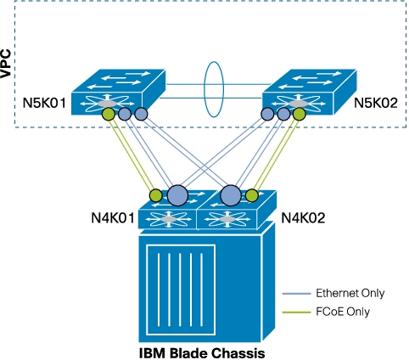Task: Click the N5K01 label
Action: point(44,103)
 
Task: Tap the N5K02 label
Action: point(376,103)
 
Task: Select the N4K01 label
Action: point(113,218)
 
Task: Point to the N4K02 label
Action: point(303,218)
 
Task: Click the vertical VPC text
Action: point(6,64)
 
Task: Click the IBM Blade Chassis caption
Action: point(202,353)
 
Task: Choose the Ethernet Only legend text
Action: point(350,293)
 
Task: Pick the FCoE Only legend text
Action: point(343,312)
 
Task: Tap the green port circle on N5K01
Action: point(109,115)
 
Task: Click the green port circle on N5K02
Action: point(300,115)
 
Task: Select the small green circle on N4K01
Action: point(156,195)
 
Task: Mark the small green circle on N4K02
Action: point(252,195)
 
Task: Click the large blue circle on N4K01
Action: point(177,195)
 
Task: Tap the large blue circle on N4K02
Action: point(231,195)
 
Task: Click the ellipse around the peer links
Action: point(204,89)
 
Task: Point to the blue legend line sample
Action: point(296,294)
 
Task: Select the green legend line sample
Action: point(296,312)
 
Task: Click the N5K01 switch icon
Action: point(118,92)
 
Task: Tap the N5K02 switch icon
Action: point(310,92)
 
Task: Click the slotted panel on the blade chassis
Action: point(181,290)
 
